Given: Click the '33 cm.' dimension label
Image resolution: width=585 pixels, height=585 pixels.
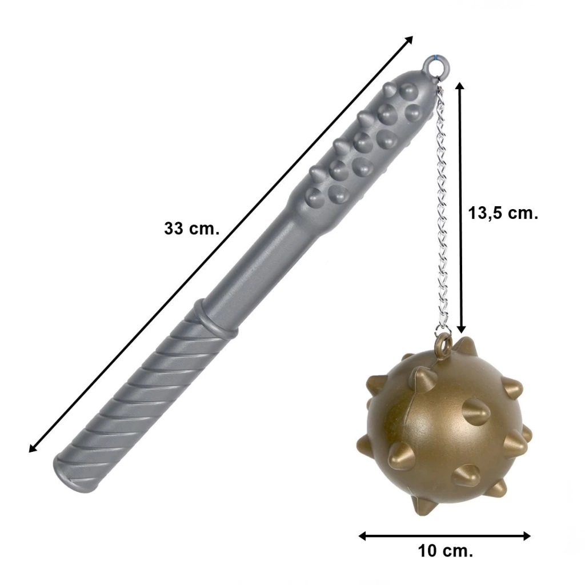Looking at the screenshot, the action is pos(192,229).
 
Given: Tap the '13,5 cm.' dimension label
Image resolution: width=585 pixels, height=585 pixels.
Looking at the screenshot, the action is pos(503,214).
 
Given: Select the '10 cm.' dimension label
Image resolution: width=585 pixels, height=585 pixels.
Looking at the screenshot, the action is pos(446,551).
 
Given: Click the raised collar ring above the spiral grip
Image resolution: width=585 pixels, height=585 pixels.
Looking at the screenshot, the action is pos(215,315).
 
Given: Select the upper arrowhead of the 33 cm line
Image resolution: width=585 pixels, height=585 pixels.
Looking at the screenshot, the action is pos(409,39).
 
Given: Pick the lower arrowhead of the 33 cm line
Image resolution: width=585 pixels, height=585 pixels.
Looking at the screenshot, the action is pos(33,448).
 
